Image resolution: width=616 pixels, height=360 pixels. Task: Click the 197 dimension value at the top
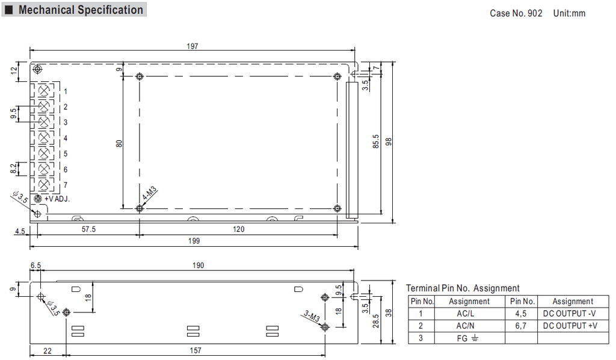[192, 46]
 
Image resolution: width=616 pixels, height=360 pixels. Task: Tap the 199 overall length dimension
[194, 241]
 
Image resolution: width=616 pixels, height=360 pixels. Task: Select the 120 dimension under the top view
[238, 229]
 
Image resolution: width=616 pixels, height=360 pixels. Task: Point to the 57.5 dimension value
[88, 229]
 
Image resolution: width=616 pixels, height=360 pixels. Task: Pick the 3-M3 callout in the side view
[312, 316]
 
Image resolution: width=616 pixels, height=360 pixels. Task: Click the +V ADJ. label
[57, 199]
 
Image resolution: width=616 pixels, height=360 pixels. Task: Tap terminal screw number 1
[44, 91]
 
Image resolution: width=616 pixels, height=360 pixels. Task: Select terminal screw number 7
[44, 184]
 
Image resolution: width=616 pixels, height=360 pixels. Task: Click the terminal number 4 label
[65, 138]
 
